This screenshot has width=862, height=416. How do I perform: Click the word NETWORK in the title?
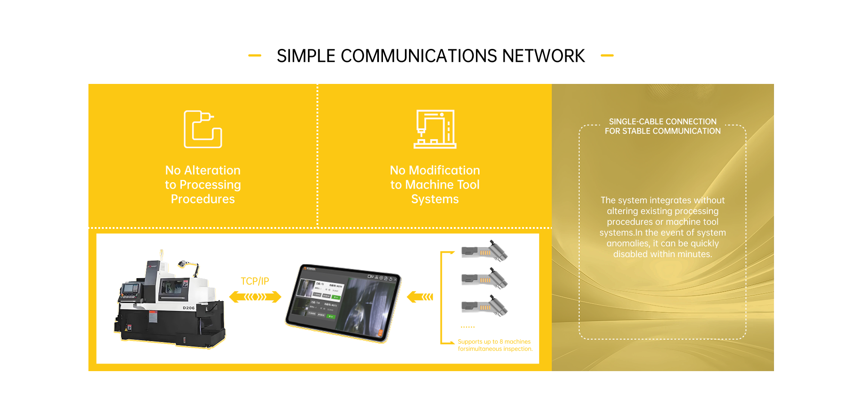pyautogui.click(x=543, y=56)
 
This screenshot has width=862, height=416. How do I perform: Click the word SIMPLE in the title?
pyautogui.click(x=306, y=56)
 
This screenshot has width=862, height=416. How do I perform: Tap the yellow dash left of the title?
pyautogui.click(x=255, y=56)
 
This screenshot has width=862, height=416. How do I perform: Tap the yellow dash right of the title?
pyautogui.click(x=607, y=56)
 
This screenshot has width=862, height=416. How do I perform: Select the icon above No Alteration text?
pyautogui.click(x=203, y=129)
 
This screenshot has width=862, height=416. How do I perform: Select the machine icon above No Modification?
pyautogui.click(x=435, y=129)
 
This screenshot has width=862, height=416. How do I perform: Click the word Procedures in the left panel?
pyautogui.click(x=203, y=199)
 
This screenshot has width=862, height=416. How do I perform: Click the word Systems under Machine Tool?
pyautogui.click(x=435, y=199)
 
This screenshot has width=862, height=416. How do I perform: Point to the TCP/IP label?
pyautogui.click(x=255, y=281)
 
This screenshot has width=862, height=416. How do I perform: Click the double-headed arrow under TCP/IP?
pyautogui.click(x=255, y=297)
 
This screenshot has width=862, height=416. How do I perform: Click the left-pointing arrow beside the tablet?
pyautogui.click(x=420, y=297)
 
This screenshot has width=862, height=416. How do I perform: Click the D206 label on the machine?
pyautogui.click(x=189, y=308)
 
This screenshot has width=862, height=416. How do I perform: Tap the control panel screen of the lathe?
pyautogui.click(x=130, y=288)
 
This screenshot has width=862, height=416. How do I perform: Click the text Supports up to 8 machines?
pyautogui.click(x=494, y=342)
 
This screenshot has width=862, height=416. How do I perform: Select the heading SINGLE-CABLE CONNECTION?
pyautogui.click(x=662, y=122)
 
